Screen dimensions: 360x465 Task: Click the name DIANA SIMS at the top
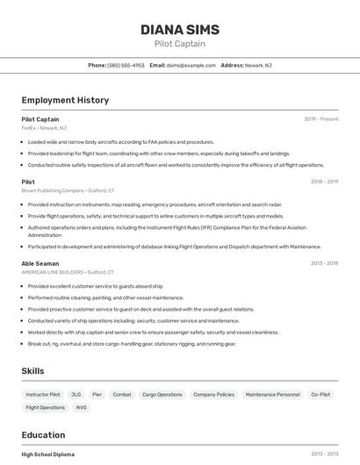pyautogui.click(x=180, y=30)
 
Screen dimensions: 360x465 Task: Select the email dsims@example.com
pyautogui.click(x=191, y=65)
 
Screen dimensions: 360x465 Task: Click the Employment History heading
pyautogui.click(x=65, y=100)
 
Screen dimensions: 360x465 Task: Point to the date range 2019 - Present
pyautogui.click(x=321, y=118)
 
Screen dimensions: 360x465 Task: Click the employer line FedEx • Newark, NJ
pyautogui.click(x=43, y=128)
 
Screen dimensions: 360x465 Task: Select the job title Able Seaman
pyautogui.click(x=40, y=262)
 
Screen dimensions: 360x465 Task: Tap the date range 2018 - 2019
pyautogui.click(x=324, y=182)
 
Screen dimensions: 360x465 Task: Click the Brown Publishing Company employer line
pyautogui.click(x=68, y=190)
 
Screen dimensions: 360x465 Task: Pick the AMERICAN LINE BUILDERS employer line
pyautogui.click(x=68, y=272)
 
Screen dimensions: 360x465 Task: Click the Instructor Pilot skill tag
pyautogui.click(x=43, y=395)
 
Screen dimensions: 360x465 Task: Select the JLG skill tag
pyautogui.click(x=76, y=395)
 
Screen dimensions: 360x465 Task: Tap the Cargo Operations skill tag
pyautogui.click(x=162, y=395)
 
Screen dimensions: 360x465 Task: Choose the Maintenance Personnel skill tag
pyautogui.click(x=272, y=395)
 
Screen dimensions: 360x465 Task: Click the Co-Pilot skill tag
pyautogui.click(x=320, y=395)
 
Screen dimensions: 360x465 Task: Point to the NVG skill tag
pyautogui.click(x=82, y=407)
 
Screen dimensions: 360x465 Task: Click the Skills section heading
pyautogui.click(x=32, y=371)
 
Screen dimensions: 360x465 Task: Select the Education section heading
pyautogui.click(x=43, y=435)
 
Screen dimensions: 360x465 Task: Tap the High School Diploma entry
pyautogui.click(x=47, y=454)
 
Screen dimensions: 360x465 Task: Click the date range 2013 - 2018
pyautogui.click(x=324, y=454)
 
